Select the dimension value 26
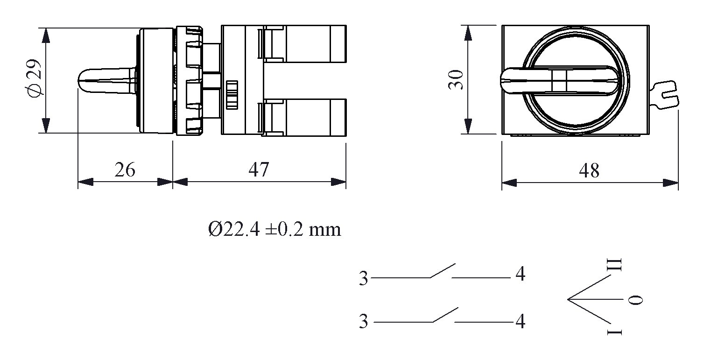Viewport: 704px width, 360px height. [x=125, y=170]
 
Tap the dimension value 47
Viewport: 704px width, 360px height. [x=259, y=170]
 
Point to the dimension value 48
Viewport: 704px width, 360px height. [x=589, y=171]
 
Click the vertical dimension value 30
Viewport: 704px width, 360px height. [x=456, y=80]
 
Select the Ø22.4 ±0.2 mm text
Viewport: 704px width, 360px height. [x=275, y=229]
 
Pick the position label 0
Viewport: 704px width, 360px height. [x=635, y=300]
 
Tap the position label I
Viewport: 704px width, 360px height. [x=614, y=332]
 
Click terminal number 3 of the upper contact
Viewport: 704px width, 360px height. [x=363, y=278]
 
